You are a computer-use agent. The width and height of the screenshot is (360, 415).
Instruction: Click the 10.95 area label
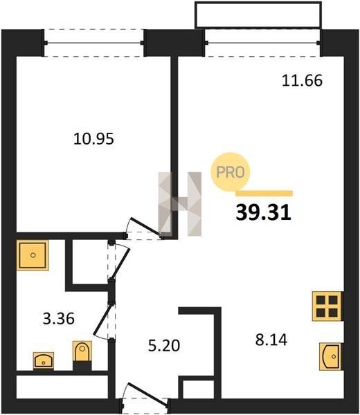pyautogui.click(x=93, y=139)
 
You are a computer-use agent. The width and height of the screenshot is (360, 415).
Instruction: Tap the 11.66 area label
pyautogui.click(x=302, y=80)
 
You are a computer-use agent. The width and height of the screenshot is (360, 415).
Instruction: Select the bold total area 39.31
pyautogui.click(x=263, y=212)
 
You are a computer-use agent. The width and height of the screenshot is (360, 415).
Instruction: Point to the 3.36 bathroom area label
pyautogui.click(x=59, y=318)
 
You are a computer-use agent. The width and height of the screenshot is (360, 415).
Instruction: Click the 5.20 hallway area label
pyautogui.click(x=164, y=345)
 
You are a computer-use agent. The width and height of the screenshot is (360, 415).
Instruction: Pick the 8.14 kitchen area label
pyautogui.click(x=271, y=340)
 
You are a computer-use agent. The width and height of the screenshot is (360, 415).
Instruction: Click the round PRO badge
pyautogui.click(x=231, y=172)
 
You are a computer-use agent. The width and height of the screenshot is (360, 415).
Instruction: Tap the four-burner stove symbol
pyautogui.click(x=327, y=306)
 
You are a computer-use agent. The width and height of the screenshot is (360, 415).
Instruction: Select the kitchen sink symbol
pyautogui.click(x=332, y=356)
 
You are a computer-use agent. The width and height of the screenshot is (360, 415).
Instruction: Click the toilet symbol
pyautogui.click(x=82, y=351)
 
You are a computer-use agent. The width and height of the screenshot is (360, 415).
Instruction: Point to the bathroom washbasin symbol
pyautogui.click(x=44, y=360)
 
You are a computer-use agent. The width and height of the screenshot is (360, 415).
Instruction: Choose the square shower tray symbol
pyautogui.click(x=33, y=255)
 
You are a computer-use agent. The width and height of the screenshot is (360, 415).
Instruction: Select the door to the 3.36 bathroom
pyautogui.click(x=103, y=321)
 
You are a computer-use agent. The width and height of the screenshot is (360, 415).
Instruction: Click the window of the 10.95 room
pyautogui.click(x=93, y=43)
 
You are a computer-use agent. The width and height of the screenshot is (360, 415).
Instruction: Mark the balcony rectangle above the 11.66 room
pyautogui.click(x=258, y=15)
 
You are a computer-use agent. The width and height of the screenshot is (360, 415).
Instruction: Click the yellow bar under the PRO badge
pyautogui.click(x=264, y=194)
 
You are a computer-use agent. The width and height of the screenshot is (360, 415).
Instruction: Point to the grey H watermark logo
pyautogui.click(x=179, y=204)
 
